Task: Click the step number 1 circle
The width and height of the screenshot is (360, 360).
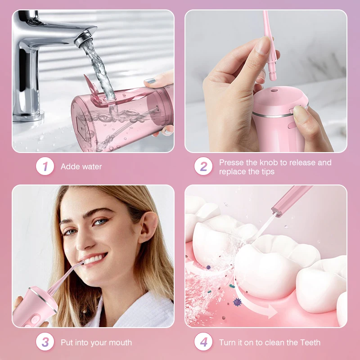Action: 45,166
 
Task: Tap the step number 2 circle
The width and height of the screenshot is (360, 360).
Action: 203,166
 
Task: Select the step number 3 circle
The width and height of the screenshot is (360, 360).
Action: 45,342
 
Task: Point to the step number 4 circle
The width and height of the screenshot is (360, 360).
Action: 203,342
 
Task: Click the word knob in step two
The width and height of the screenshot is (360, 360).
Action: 271,162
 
